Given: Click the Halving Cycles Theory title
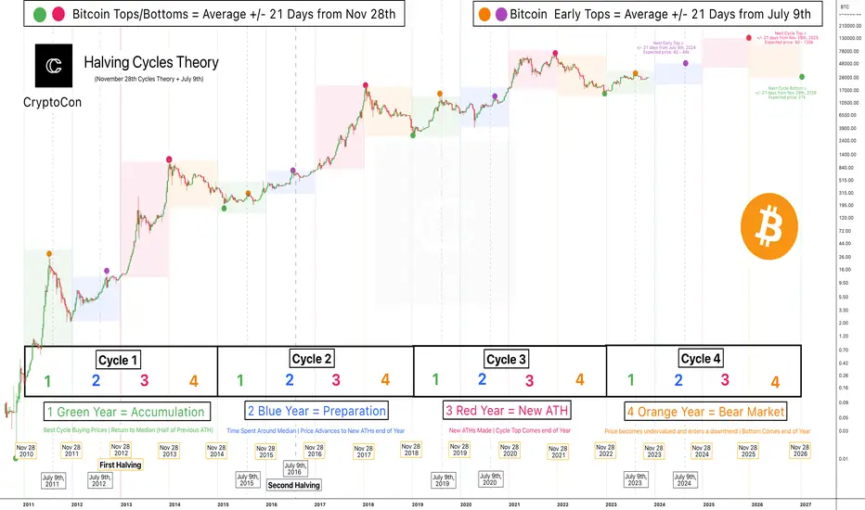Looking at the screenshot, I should (x=151, y=63).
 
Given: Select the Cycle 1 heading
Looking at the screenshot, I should (x=120, y=359).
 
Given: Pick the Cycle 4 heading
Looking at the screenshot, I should (x=702, y=358).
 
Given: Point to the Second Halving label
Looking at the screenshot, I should (x=293, y=485).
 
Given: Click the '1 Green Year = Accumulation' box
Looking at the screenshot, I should (x=124, y=411).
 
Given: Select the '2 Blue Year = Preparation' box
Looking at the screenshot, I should (x=316, y=411).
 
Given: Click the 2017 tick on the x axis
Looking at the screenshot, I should (x=319, y=503).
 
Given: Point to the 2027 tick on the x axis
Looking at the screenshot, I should (x=806, y=503).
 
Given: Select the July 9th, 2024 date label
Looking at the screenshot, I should (x=682, y=480).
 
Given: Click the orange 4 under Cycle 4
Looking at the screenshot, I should (x=775, y=381).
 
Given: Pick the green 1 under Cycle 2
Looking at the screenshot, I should (x=240, y=379).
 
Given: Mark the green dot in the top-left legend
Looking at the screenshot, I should (x=14, y=14).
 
